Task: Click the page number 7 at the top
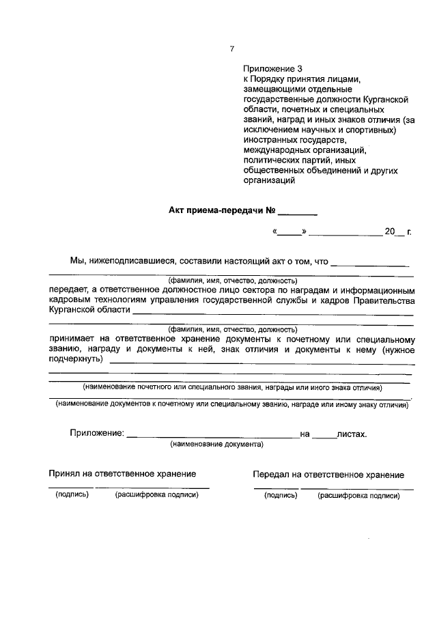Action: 232,48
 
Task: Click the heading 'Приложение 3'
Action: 272,69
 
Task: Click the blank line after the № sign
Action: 298,213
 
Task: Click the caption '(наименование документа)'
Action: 217,444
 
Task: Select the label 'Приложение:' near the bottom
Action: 96,433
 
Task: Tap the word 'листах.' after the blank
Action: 352,434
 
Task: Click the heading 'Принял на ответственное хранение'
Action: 122,473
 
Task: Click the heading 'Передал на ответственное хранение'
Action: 328,475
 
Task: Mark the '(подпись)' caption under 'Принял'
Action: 72,494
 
